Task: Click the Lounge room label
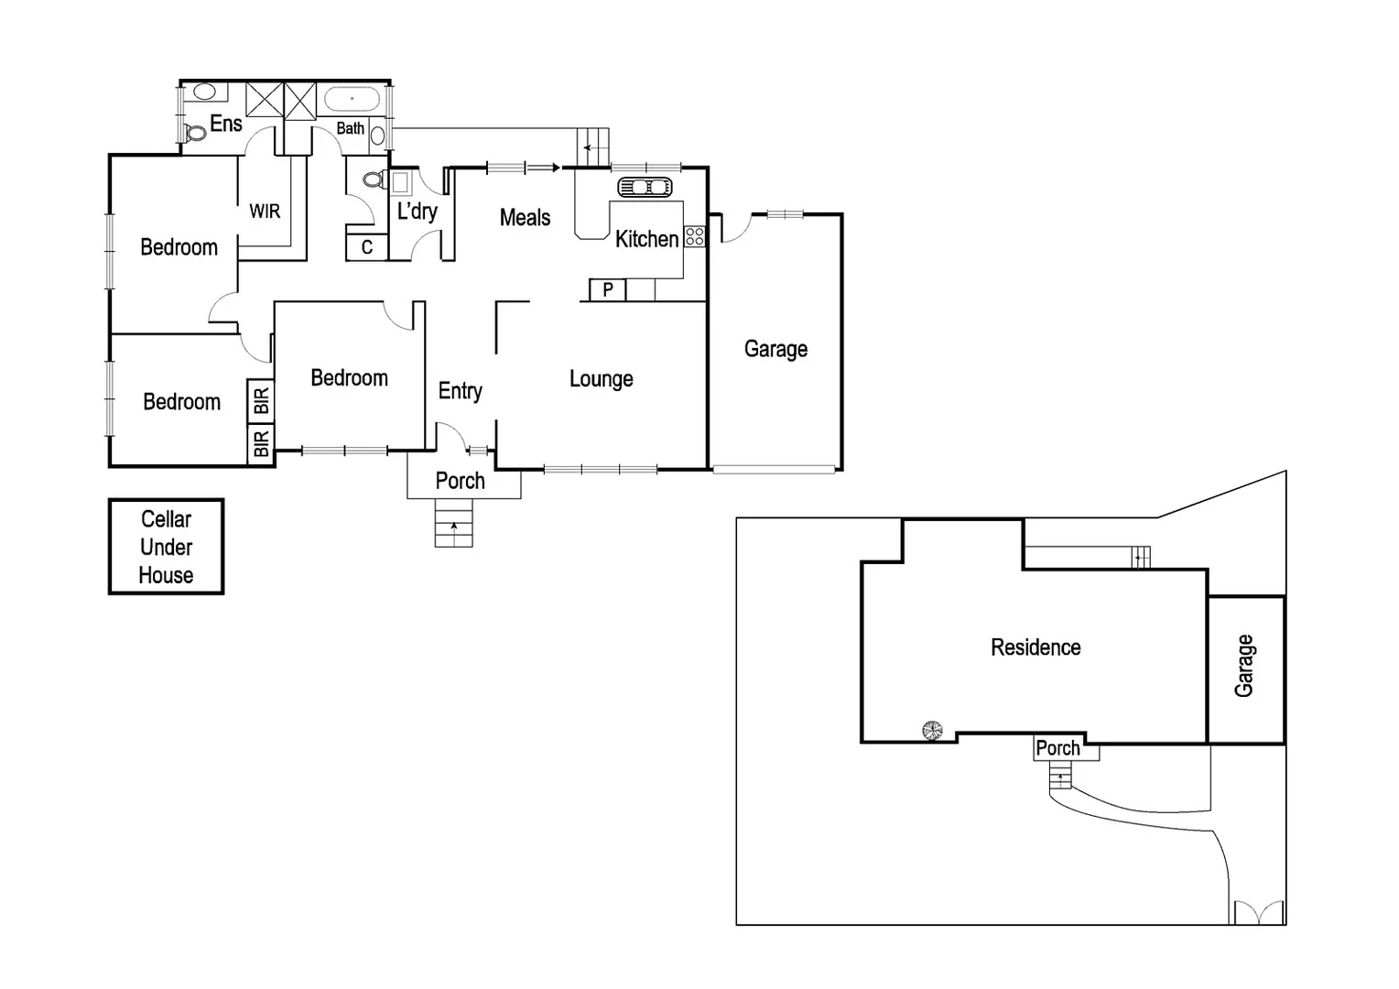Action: (x=601, y=379)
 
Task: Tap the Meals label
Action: (x=525, y=218)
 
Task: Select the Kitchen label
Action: (x=646, y=239)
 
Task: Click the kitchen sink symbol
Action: (x=645, y=188)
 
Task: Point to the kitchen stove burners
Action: (x=695, y=236)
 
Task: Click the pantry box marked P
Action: (x=607, y=290)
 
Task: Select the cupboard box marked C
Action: (x=367, y=247)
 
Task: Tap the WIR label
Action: (x=265, y=212)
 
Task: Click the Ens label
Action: (x=226, y=124)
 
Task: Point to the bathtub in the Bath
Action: (x=352, y=99)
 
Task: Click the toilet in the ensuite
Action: (x=194, y=133)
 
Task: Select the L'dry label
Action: (x=417, y=212)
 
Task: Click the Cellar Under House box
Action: (x=166, y=547)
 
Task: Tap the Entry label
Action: (x=460, y=391)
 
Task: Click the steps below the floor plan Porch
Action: (x=453, y=531)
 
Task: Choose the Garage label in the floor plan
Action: (x=775, y=349)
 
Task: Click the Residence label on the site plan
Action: (x=1036, y=647)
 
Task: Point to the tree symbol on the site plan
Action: (x=932, y=730)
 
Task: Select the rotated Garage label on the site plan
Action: (x=1243, y=666)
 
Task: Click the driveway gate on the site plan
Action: (x=1259, y=913)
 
